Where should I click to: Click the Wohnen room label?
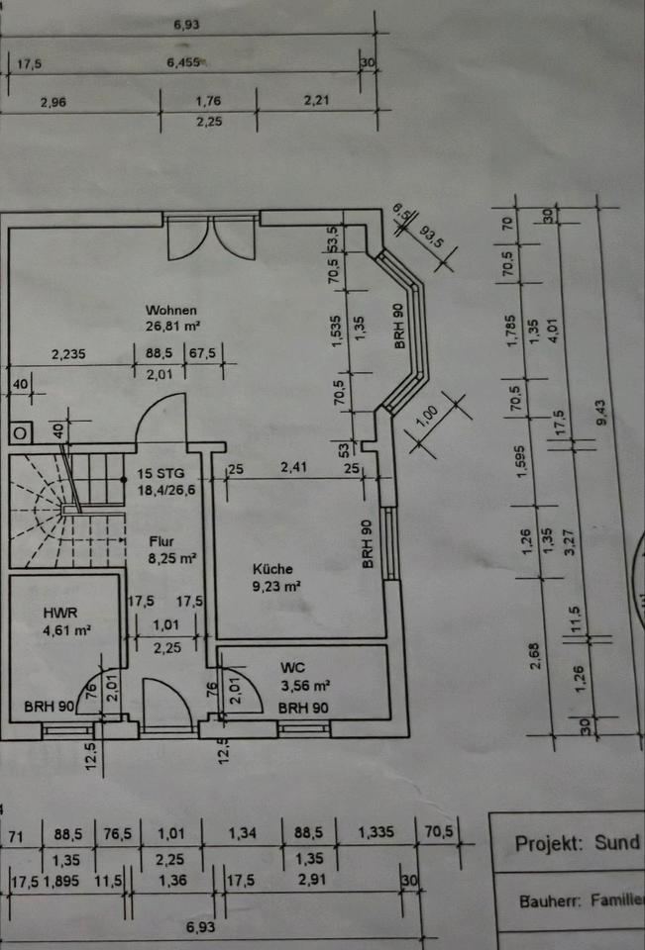171,310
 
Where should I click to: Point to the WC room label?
292,667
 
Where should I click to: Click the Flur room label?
162,541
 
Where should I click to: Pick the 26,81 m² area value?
174,325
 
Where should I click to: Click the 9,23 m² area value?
276,585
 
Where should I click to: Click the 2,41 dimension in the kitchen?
291,467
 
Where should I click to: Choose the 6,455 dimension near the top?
184,62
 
